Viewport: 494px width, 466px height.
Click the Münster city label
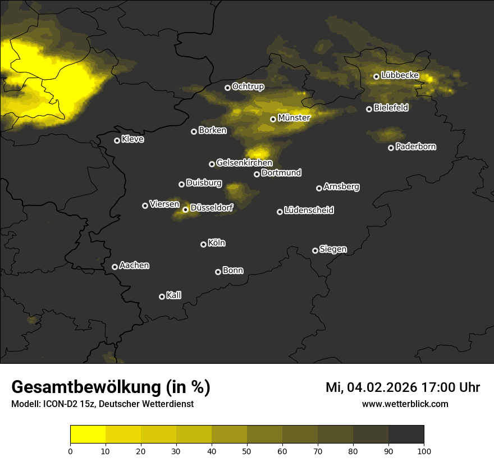(294, 118)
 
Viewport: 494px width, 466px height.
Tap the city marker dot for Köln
(203, 244)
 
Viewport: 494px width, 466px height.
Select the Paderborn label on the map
(415, 147)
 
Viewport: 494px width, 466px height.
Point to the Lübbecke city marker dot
(376, 76)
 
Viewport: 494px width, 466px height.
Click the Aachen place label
(134, 266)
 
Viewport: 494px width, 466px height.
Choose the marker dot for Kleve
(117, 140)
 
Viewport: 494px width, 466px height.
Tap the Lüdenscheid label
(309, 211)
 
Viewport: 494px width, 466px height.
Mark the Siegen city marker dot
(315, 250)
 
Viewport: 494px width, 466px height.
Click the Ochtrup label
(248, 87)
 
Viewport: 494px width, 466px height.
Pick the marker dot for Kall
(162, 296)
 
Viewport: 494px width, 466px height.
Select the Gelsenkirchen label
(244, 163)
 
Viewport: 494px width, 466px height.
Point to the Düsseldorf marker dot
(185, 209)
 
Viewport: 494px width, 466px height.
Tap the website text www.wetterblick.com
(405, 404)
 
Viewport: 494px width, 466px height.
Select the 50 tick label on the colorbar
(247, 450)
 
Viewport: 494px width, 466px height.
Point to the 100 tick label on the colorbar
(424, 450)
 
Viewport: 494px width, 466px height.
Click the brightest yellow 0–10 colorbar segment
(88, 435)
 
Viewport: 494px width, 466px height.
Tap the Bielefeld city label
(391, 108)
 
